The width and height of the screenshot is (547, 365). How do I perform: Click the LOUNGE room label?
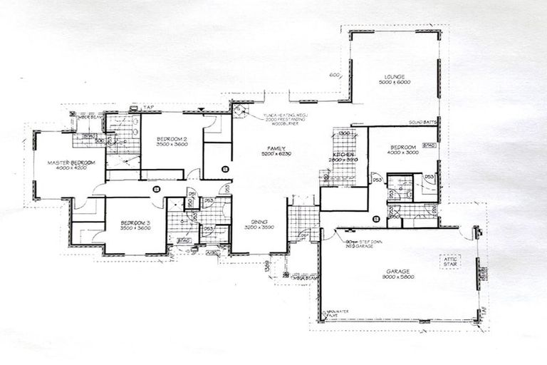[394, 76]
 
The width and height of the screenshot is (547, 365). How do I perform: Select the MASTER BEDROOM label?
[71, 163]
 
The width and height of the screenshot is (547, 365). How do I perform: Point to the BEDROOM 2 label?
[171, 138]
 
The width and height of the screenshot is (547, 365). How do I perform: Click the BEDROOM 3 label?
[136, 222]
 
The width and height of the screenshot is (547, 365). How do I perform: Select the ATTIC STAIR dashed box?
[450, 262]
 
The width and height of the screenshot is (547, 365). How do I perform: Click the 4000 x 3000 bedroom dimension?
[403, 152]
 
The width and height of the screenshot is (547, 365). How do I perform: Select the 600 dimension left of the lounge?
[333, 76]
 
